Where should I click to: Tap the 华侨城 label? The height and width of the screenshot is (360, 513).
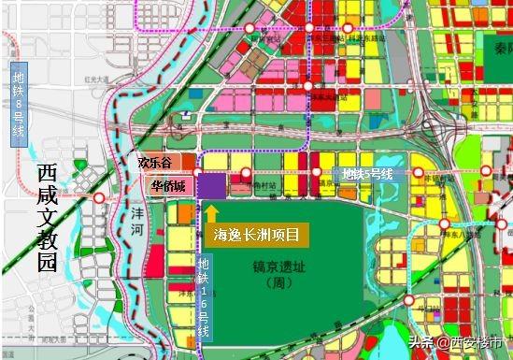pos(166,186)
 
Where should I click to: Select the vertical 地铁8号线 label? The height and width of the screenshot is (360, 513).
pos(18,104)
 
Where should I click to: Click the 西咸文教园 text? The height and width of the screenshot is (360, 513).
pos(48,218)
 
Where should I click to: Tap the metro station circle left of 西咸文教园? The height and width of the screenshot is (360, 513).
pos(100,198)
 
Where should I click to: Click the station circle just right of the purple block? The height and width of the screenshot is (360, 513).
pos(245,173)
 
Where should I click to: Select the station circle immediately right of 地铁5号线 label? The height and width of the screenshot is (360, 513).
pos(418,173)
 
